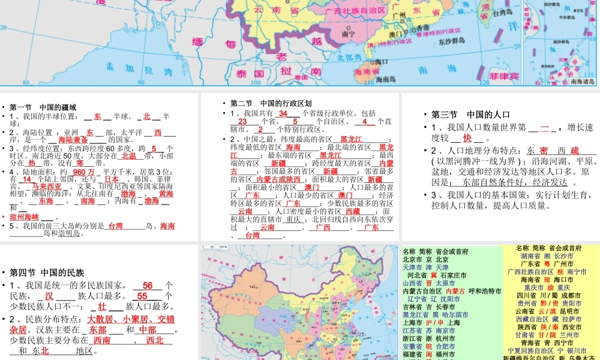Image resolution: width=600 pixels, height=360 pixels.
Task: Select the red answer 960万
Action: point(83,171)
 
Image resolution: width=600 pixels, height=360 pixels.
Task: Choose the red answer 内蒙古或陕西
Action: point(278,179)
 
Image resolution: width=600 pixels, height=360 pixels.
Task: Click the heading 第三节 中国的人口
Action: point(470,115)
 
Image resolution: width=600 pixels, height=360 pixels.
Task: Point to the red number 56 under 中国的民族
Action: point(148,286)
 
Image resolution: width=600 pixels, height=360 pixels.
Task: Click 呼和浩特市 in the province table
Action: point(482,291)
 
